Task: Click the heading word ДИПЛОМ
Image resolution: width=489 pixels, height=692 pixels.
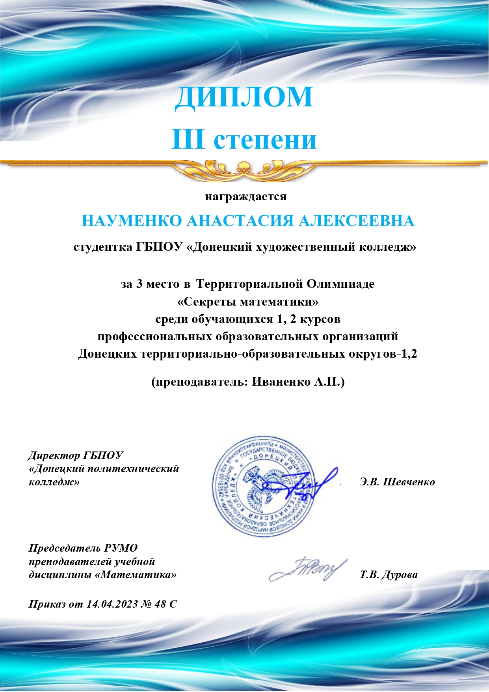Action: pos(244,97)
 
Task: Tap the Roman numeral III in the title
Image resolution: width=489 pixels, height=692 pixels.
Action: pos(188,139)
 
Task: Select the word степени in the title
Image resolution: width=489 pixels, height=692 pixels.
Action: pos(265,141)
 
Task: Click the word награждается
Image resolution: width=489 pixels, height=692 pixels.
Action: pos(245,196)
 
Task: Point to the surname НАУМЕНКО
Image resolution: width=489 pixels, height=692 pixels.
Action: pos(132,221)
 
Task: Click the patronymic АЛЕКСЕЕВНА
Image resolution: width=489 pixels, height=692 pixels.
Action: pos(356,221)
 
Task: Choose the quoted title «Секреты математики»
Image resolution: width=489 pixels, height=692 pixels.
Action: pos(248,302)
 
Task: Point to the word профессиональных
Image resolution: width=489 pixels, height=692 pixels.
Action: pos(155,337)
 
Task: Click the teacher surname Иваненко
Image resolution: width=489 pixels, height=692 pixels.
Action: pos(281,382)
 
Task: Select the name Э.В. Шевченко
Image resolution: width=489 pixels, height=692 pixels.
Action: pos(397,482)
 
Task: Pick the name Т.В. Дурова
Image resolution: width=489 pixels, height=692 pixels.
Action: pos(388,575)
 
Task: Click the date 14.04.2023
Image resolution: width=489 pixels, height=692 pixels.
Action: pos(112,604)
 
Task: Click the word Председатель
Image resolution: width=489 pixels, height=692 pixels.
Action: pos(65,548)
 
